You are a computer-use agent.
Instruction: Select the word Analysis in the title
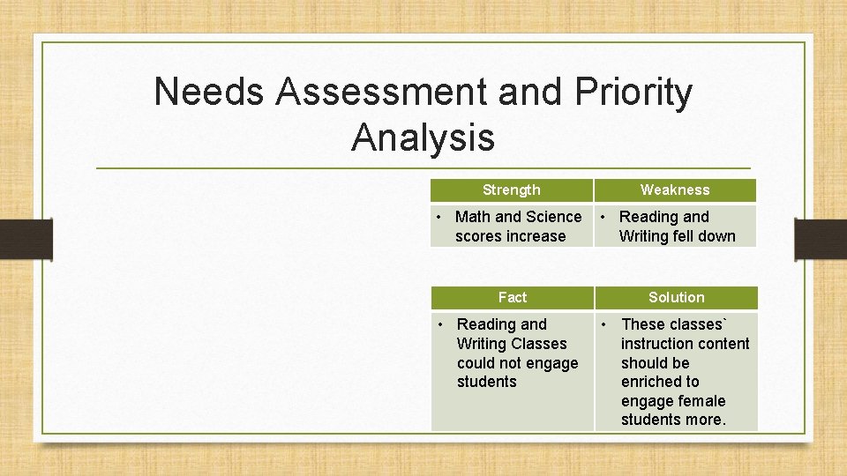tap(423, 138)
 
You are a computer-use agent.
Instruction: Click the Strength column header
tap(511, 190)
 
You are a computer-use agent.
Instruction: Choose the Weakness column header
tap(675, 190)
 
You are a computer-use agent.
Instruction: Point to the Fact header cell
tap(512, 297)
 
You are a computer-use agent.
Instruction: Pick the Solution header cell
tap(676, 297)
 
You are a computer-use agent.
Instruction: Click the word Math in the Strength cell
tap(473, 217)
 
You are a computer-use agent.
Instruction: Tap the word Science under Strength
tap(553, 217)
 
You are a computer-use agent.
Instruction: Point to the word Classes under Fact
tap(538, 344)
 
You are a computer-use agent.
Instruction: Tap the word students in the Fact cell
tap(486, 382)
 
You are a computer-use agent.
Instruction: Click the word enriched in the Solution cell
tap(659, 382)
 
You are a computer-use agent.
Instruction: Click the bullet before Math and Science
tap(443, 217)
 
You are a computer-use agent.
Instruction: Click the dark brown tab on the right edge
tap(821, 239)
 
